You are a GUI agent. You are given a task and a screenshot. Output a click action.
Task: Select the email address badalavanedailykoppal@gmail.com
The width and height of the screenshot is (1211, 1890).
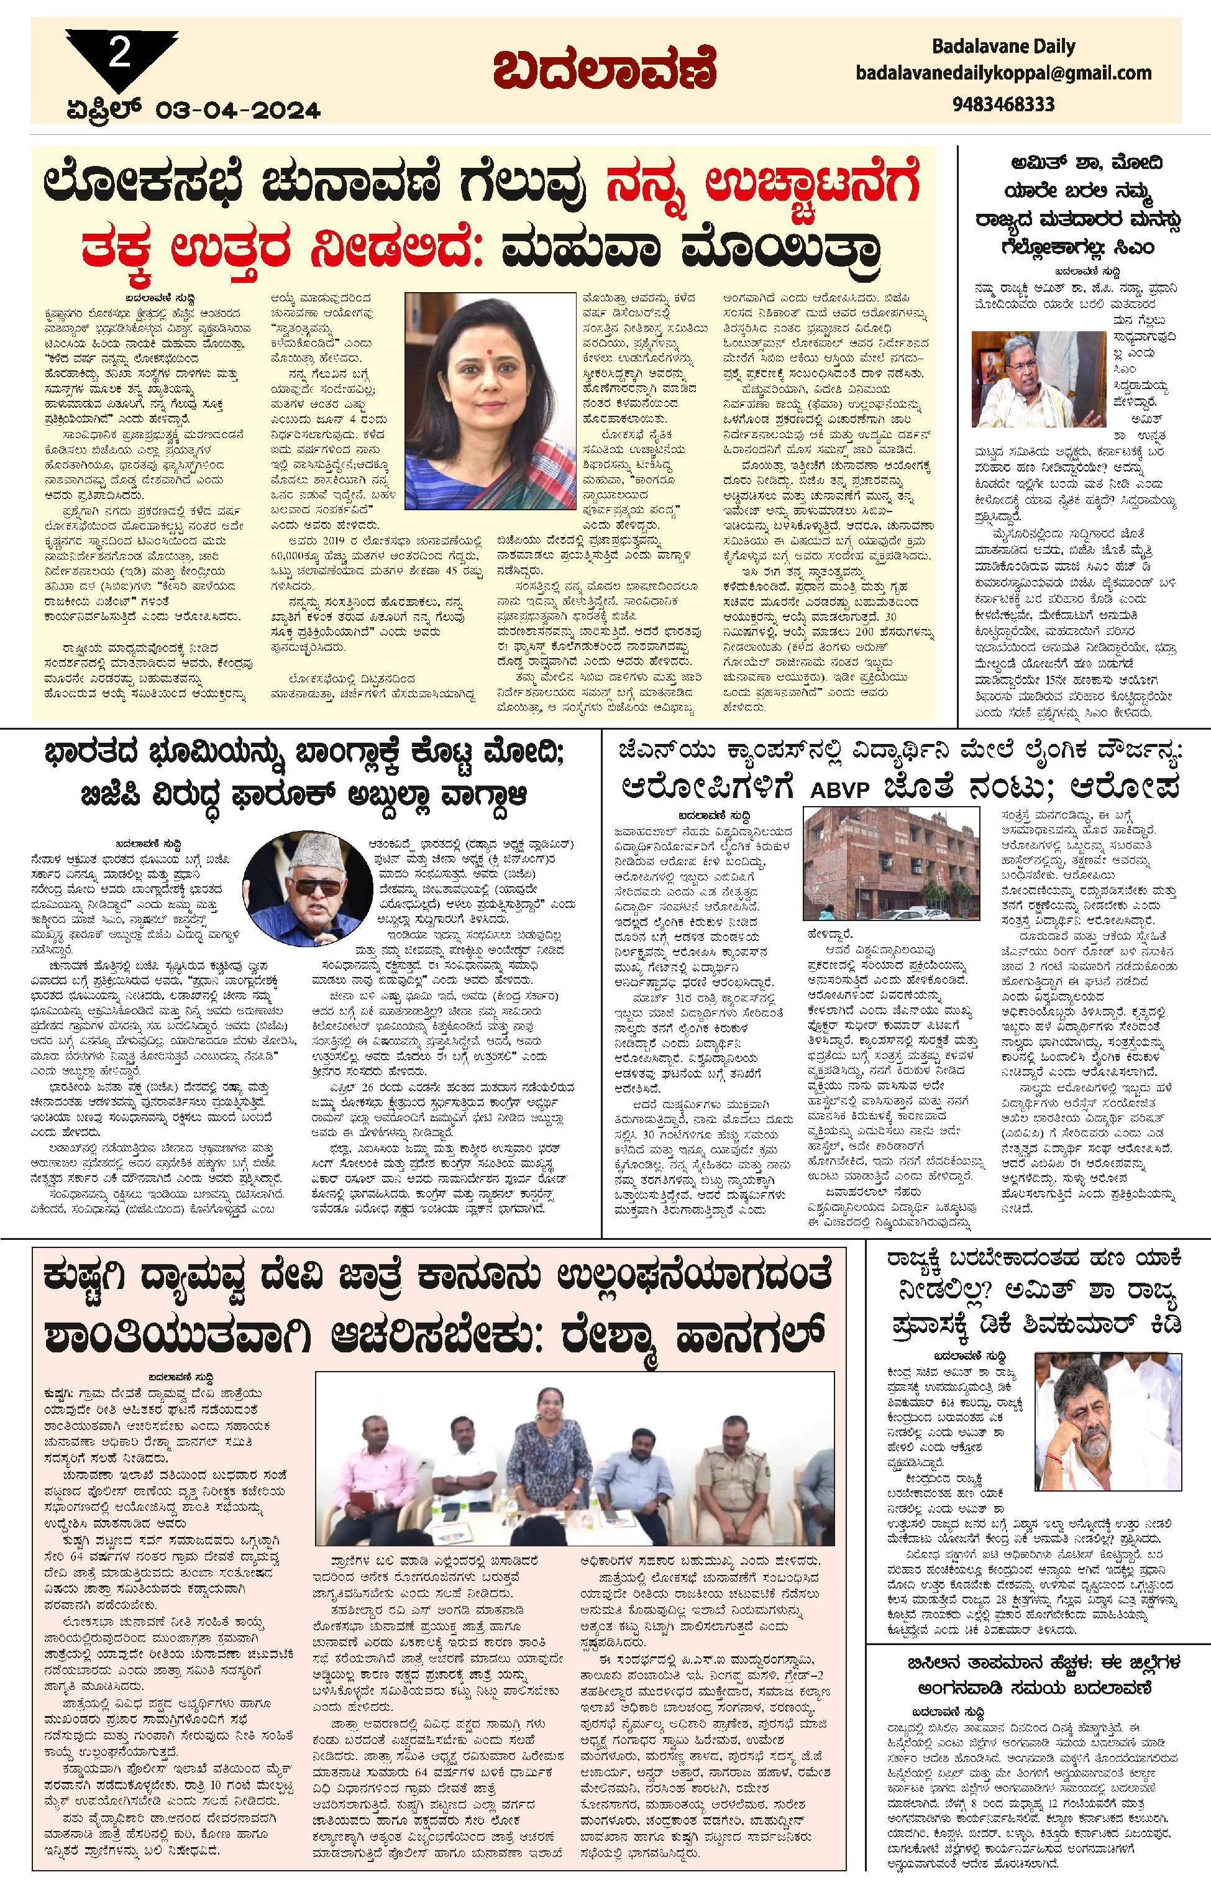[x=1003, y=73]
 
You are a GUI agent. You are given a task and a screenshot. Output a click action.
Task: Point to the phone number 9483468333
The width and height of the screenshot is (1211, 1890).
[x=1003, y=103]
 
